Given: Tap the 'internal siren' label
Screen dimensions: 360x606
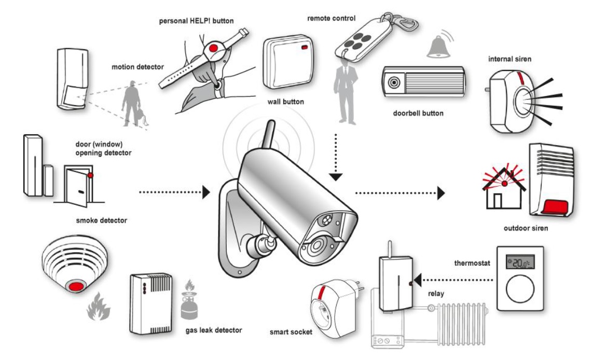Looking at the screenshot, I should pyautogui.click(x=509, y=59).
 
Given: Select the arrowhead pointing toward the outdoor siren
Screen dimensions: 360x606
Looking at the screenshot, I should pyautogui.click(x=441, y=193).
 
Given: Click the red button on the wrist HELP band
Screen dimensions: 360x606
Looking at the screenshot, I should pyautogui.click(x=213, y=49).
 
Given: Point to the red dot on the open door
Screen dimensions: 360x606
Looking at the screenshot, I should pyautogui.click(x=90, y=175).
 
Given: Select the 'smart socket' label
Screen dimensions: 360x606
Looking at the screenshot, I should pyautogui.click(x=291, y=331).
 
